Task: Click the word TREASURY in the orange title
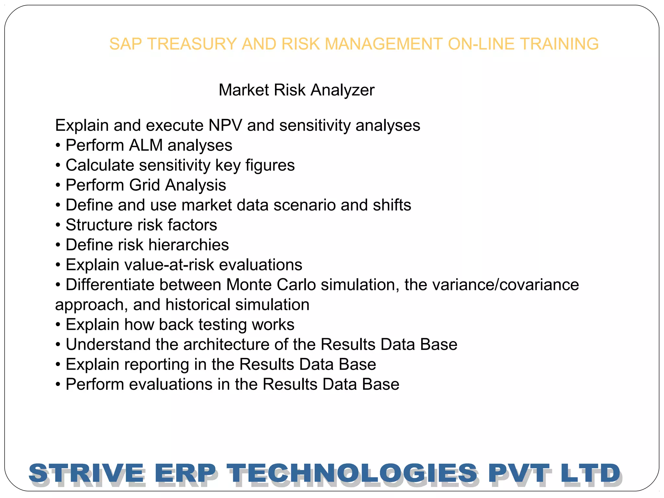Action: click(x=192, y=44)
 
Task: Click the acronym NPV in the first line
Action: click(x=225, y=125)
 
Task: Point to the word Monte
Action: click(x=249, y=285)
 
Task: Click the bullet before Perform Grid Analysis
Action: click(x=58, y=185)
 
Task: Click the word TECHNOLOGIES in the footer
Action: click(x=352, y=473)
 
